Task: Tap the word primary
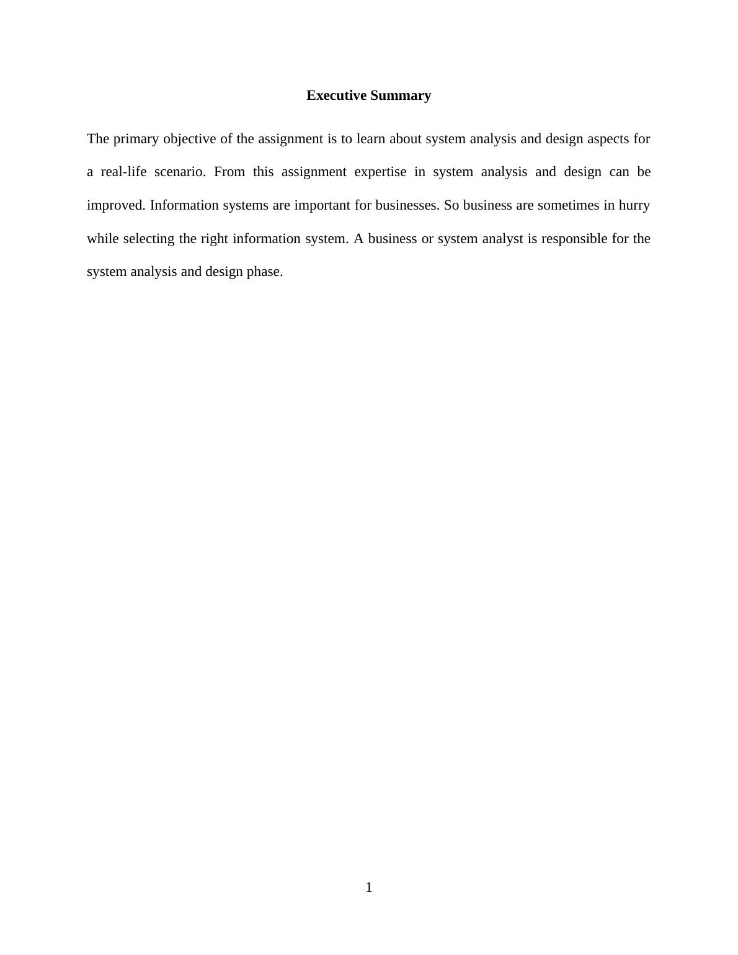(x=136, y=139)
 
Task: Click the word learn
(x=371, y=139)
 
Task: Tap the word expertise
(x=380, y=172)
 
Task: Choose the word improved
(x=116, y=205)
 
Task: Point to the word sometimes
(x=568, y=205)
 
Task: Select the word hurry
(x=634, y=205)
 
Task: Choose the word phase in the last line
(x=264, y=272)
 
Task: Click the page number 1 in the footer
(x=369, y=887)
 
